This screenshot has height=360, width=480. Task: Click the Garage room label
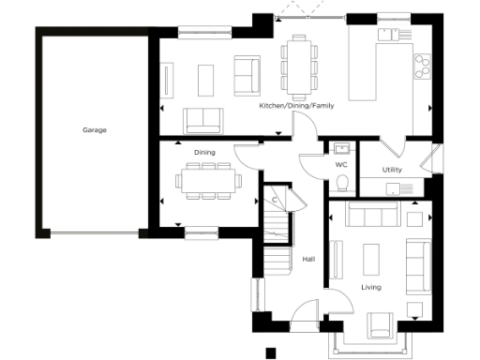pos(94,130)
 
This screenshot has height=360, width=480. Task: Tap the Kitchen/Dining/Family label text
pos(296,106)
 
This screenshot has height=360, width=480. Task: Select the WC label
pos(341,164)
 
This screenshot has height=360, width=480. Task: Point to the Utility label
pos(392,170)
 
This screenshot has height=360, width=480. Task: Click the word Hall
pos(307,260)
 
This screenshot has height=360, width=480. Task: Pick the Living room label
pos(371,287)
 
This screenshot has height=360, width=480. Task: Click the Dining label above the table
pos(204,152)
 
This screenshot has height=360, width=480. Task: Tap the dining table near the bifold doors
pos(299,67)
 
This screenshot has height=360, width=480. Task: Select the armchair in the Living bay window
pos(379,324)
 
